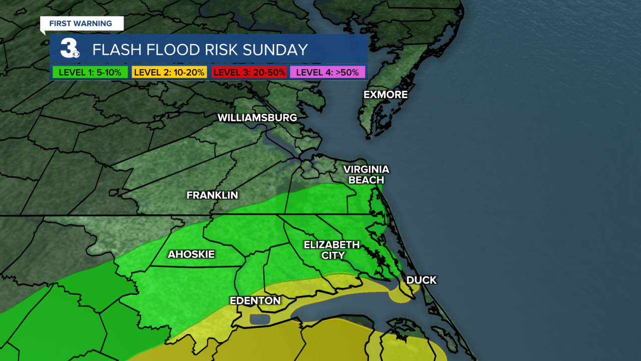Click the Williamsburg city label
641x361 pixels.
coord(257,118)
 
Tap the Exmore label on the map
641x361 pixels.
coord(386,95)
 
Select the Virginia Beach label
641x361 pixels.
coord(366,174)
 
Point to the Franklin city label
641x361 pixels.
coord(212,195)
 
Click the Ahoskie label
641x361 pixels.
coord(191,255)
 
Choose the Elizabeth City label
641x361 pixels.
coord(332,250)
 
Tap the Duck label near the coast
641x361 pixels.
coord(421,280)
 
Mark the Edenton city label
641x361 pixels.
coord(255,301)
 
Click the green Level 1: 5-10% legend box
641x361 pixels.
coord(90,72)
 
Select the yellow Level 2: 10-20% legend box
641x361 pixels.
coord(169,72)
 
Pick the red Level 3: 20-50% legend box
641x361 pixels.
coord(249,72)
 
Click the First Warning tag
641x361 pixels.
coord(81,24)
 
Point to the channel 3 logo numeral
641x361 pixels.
coord(68,48)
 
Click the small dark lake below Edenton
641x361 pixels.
coord(259,319)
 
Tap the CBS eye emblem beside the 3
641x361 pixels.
coord(76,54)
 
